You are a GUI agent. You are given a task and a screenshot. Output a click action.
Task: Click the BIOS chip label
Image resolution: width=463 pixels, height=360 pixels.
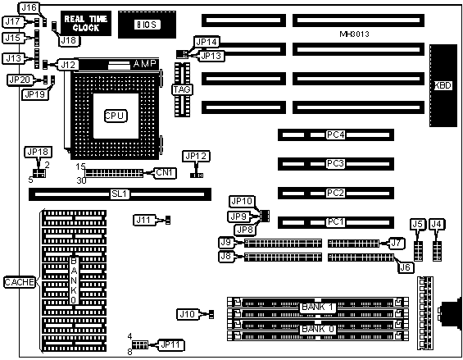point(148,25)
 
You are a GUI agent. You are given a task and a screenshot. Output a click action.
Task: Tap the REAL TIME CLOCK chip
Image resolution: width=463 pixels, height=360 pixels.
point(86,23)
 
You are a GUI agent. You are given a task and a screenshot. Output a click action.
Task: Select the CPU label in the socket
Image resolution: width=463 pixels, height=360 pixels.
point(116,116)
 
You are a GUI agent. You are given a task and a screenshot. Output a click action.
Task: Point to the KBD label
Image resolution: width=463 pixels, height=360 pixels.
point(443,86)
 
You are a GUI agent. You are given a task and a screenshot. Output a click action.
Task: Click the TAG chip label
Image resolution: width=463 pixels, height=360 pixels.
point(182,89)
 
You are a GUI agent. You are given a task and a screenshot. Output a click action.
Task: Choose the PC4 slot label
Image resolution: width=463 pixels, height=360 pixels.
point(336,134)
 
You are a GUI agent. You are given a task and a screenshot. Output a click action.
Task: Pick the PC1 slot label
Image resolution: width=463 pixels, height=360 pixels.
point(336,222)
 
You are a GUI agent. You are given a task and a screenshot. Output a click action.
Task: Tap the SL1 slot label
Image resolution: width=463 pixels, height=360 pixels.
point(120,194)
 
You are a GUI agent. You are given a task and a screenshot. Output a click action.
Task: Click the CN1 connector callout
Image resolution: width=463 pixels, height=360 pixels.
point(165,172)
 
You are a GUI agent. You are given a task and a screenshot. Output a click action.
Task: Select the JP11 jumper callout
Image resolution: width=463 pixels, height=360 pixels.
point(171,345)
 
